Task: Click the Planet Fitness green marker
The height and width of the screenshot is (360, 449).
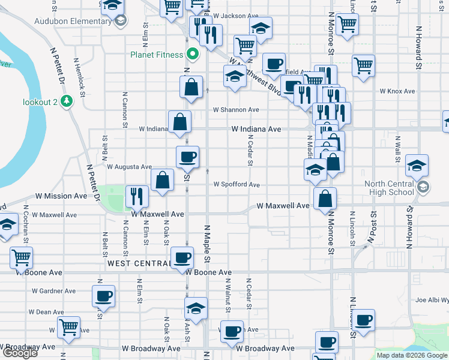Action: coord(193,55)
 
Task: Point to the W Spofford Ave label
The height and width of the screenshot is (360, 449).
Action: coord(237,185)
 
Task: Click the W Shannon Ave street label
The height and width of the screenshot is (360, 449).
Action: coord(237,110)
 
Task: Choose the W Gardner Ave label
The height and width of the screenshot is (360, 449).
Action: coord(57,291)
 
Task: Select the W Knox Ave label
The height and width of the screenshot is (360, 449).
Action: coord(397,91)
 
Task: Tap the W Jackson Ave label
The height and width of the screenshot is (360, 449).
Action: coord(236,16)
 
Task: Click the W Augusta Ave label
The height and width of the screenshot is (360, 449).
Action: coord(130,167)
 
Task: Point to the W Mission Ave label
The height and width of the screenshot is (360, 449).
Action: coord(61,196)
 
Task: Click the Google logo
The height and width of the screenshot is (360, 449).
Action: coord(19,353)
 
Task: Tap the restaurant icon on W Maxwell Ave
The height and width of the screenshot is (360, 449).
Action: coord(137,195)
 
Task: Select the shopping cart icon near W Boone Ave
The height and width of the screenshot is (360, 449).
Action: coord(22,257)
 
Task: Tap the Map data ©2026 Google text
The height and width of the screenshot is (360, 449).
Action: coord(412,355)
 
